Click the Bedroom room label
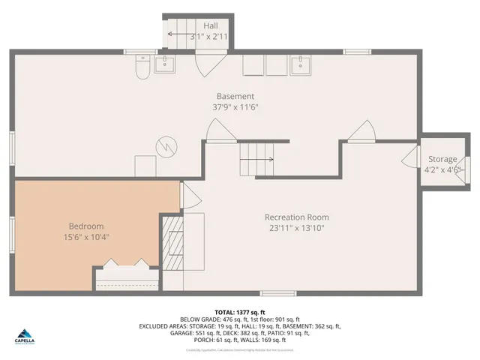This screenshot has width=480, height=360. [x=86, y=226]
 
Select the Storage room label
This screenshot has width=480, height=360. [x=442, y=160]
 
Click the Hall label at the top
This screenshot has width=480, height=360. [x=211, y=25]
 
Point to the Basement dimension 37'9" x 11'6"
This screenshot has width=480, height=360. [x=235, y=107]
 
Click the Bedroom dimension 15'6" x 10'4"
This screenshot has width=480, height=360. [x=86, y=238]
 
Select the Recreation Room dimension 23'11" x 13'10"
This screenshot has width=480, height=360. [x=295, y=228]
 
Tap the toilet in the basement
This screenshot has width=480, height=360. [x=140, y=69]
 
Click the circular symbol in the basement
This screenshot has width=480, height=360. [x=164, y=145]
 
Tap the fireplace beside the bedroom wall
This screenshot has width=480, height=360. [x=174, y=243]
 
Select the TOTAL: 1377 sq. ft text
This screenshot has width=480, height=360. [x=240, y=311]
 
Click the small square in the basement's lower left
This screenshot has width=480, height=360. [x=144, y=166]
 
